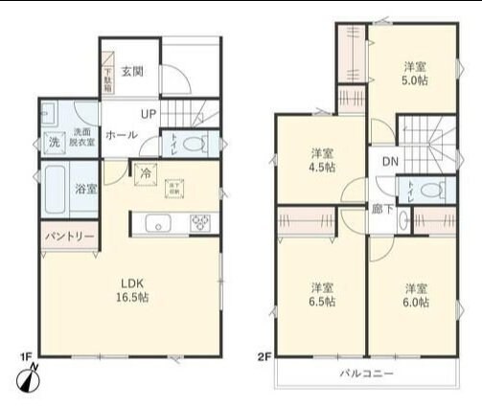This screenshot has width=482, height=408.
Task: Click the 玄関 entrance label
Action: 132,71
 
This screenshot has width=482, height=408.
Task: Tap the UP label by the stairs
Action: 149,115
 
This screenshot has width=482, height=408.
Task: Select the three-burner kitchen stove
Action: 202,224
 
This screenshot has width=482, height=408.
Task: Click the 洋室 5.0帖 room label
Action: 414,74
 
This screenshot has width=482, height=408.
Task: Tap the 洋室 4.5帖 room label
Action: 322,160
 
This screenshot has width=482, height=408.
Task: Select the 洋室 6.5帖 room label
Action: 322,295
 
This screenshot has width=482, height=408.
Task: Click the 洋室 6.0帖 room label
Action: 416,295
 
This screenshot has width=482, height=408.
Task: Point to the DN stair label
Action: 390,162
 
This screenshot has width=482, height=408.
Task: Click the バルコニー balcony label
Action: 367,373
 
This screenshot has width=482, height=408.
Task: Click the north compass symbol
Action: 28,378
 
